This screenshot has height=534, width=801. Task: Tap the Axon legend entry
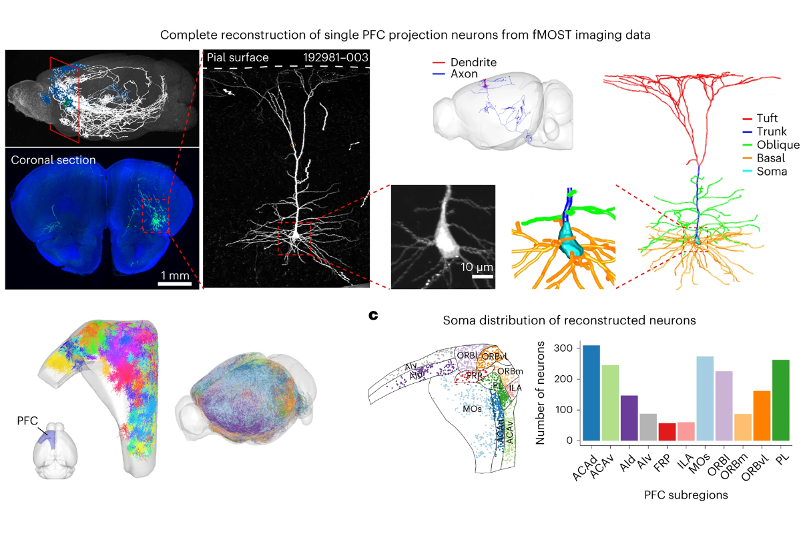464,74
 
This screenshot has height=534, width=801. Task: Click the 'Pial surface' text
236,57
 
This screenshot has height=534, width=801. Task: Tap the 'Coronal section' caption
53,160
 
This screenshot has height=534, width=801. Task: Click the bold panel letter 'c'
374,314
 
